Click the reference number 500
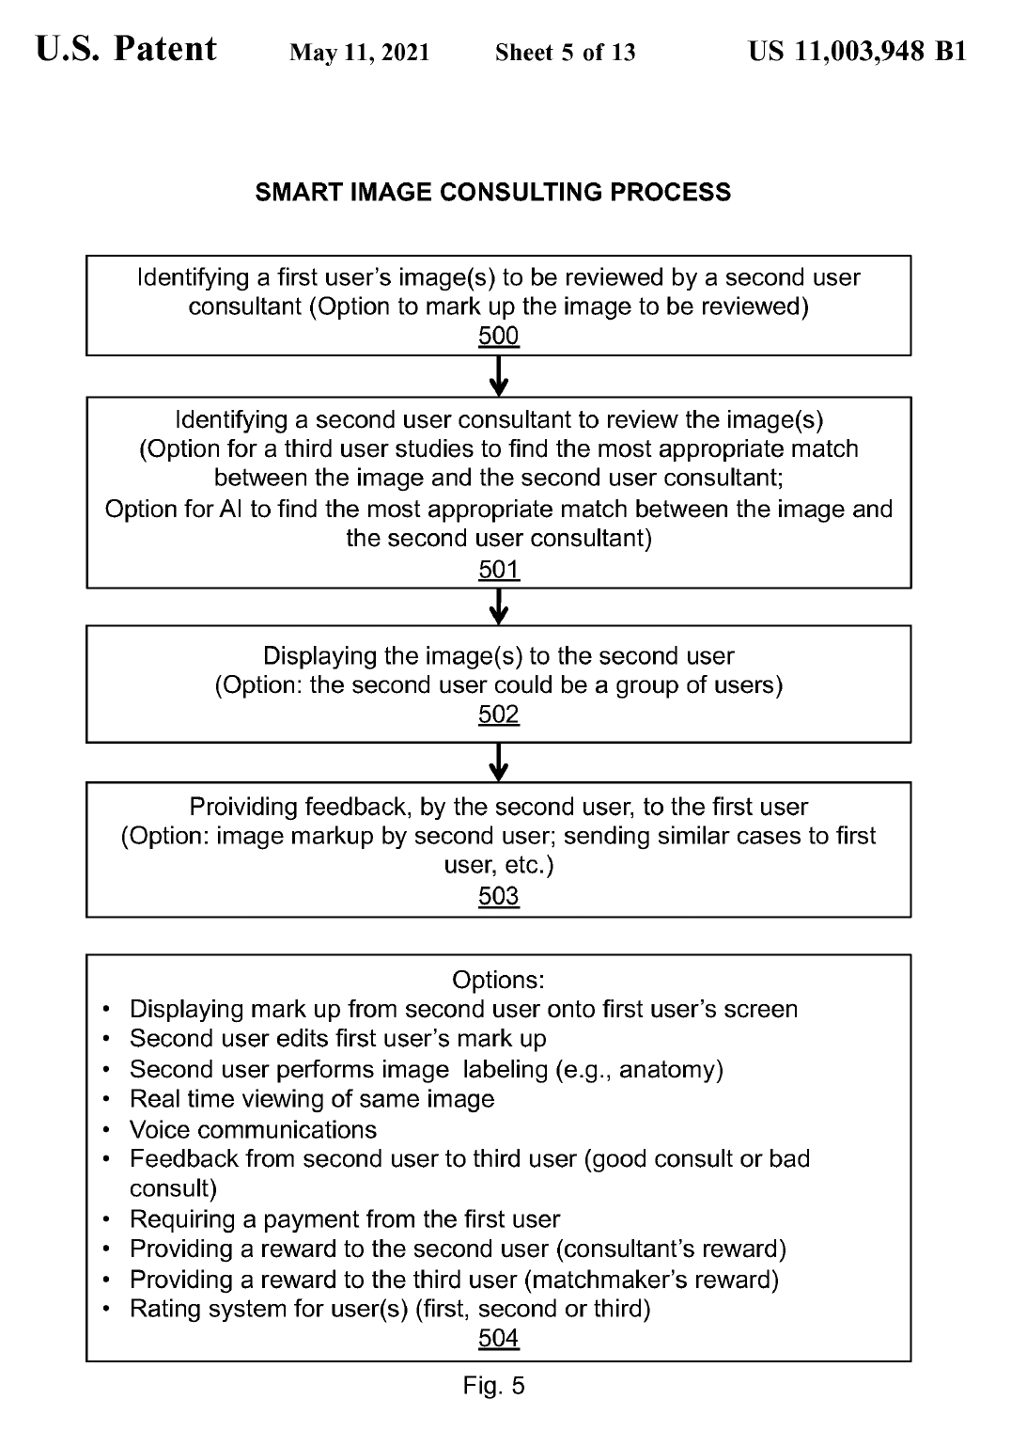click(x=498, y=337)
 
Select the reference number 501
click(x=498, y=570)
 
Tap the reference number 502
click(x=498, y=715)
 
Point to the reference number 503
click(x=498, y=896)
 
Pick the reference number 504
click(x=498, y=1338)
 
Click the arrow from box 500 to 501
click(x=499, y=376)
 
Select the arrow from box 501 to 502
click(x=499, y=607)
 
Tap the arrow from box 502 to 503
click(x=499, y=762)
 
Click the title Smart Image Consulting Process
click(x=493, y=193)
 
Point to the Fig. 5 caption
click(x=494, y=1386)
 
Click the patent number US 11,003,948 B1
click(x=857, y=52)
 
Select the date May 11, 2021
click(x=360, y=53)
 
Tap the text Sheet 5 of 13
click(x=566, y=53)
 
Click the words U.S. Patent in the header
click(x=127, y=50)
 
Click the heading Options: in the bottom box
click(x=498, y=980)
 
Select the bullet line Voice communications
click(x=253, y=1129)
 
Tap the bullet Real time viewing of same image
click(x=312, y=1099)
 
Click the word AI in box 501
click(x=231, y=510)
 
